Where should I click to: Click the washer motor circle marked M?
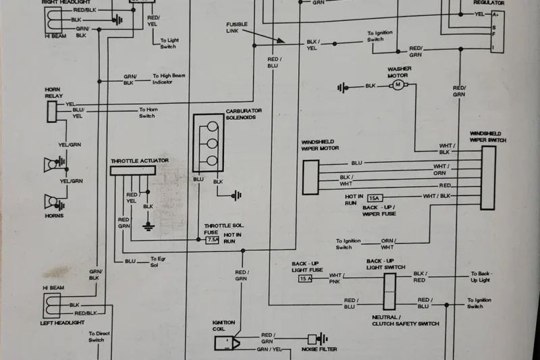tap(398, 85)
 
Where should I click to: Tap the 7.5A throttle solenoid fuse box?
tap(212, 239)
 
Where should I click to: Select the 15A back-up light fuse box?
tap(306, 278)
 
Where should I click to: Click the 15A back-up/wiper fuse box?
tap(375, 197)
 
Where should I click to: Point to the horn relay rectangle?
tap(52, 111)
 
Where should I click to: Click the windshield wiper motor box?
tap(310, 177)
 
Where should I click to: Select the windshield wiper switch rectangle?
tap(488, 178)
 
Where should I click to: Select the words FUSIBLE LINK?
tap(237, 28)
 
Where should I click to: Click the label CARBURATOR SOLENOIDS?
tap(244, 113)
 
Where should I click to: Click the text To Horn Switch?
tap(147, 113)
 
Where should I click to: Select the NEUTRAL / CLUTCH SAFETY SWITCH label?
tap(405, 320)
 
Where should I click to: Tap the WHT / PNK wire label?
tap(335, 278)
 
